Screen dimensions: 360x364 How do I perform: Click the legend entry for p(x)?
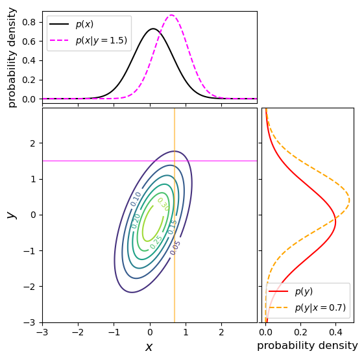(84, 25)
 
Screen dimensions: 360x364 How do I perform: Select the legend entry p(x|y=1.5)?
(101, 40)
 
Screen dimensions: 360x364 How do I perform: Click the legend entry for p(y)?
(304, 292)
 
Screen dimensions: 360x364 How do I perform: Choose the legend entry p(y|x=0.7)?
(320, 307)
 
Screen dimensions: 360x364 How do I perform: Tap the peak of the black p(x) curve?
(153, 29)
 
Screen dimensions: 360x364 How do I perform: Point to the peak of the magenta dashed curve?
(171, 15)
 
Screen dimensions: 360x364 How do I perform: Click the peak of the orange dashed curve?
(349, 200)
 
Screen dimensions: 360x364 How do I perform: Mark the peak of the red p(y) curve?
(335, 221)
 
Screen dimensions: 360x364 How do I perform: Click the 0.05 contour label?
(175, 247)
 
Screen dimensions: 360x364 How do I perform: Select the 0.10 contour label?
(136, 199)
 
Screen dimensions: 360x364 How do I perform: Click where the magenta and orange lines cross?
(175, 160)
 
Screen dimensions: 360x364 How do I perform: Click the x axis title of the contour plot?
(149, 347)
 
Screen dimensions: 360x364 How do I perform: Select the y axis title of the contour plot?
(10, 215)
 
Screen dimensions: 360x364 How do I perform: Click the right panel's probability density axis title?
(307, 346)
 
